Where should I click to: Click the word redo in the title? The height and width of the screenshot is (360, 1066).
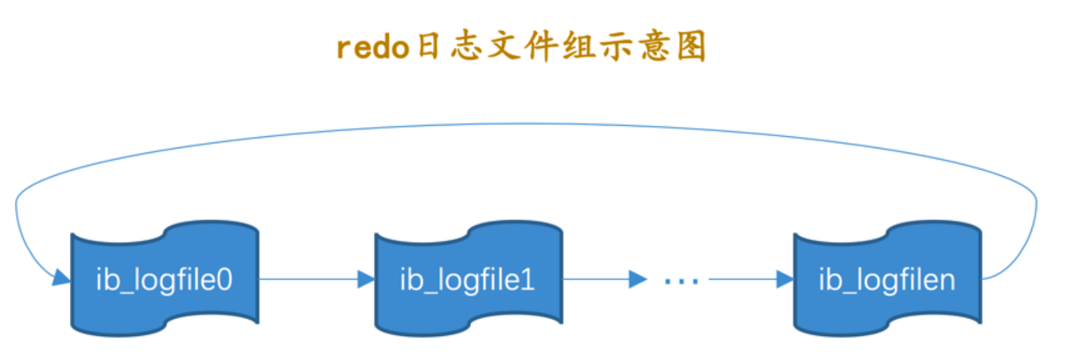373,49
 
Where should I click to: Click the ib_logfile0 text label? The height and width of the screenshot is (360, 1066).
164,280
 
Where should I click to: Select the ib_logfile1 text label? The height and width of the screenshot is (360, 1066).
468,280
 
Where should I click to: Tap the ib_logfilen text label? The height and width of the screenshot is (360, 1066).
887,280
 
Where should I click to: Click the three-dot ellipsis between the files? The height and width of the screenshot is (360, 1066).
681,281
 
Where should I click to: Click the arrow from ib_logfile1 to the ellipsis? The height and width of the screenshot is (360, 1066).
604,280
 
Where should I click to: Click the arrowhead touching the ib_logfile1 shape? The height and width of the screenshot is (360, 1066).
366,280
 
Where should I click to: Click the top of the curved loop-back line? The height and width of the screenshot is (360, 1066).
526,125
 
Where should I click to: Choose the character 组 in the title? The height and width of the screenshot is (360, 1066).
577,49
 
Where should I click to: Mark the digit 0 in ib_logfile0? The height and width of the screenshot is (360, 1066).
224,280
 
